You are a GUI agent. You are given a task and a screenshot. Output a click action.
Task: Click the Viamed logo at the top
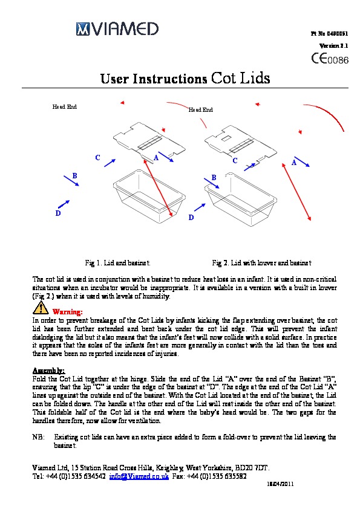click(x=117, y=28)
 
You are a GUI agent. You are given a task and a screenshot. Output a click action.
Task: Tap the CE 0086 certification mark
click(x=330, y=59)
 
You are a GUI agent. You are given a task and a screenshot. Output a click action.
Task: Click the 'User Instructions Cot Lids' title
click(x=185, y=78)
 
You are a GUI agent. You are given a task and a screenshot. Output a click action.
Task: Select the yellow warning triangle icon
click(x=41, y=308)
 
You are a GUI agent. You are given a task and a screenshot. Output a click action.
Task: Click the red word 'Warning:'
click(x=68, y=312)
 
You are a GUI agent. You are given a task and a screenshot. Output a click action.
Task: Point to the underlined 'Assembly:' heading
click(x=49, y=371)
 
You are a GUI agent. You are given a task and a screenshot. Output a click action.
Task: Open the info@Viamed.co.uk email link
click(x=139, y=476)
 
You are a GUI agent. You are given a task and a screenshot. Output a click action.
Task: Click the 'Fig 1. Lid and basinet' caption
click(x=117, y=262)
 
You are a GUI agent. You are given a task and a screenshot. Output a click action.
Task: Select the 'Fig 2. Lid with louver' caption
click(x=261, y=262)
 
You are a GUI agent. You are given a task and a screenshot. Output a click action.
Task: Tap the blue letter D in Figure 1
click(x=58, y=213)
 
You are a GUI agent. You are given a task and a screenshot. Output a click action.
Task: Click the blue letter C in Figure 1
click(x=97, y=158)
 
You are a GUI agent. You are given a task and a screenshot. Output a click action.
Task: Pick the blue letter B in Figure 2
click(x=214, y=178)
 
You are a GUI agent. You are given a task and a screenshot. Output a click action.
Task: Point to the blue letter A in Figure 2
click(x=294, y=162)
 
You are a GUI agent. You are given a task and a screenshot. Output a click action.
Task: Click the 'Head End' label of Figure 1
click(x=65, y=106)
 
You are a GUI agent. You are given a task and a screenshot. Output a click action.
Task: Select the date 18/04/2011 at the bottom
click(x=280, y=484)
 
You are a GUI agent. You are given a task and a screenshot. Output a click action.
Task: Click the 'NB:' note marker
click(x=38, y=437)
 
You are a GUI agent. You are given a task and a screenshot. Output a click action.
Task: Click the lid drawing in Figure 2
click(x=241, y=143)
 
